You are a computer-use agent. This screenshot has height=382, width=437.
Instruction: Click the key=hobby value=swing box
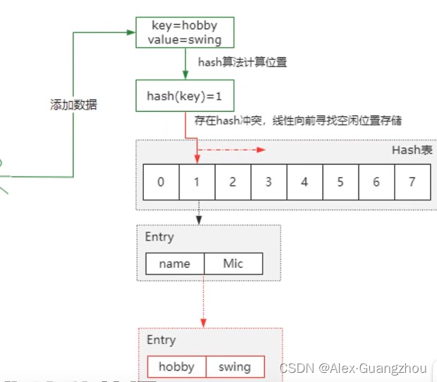point(185,32)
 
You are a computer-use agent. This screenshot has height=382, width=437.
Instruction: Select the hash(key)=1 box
point(185,96)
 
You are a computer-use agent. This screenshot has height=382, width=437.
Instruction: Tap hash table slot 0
point(161,182)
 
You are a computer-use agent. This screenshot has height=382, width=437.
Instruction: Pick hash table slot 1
point(197,182)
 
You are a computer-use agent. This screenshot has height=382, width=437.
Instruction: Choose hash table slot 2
point(233,182)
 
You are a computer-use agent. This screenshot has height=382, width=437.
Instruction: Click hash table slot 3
point(269,182)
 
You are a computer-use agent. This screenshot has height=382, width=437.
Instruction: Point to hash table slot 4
point(304,182)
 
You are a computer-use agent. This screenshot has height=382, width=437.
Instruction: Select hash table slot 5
point(340,182)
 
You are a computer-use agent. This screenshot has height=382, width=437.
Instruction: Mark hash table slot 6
point(376,182)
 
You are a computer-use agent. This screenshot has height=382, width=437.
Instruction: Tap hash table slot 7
point(412,182)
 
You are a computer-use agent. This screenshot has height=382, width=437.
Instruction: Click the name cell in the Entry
point(175,264)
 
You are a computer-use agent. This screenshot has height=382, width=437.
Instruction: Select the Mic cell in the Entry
point(233,264)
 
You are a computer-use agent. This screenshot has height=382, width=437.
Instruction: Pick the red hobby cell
point(177,367)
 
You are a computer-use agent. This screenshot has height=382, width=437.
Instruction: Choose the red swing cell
point(235,367)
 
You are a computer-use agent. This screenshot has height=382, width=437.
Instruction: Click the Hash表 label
point(412,150)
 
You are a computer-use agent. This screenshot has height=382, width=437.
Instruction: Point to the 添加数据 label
point(73,105)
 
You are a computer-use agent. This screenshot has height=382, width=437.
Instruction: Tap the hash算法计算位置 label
point(242,63)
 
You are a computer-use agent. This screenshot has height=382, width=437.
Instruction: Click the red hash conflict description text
point(299,121)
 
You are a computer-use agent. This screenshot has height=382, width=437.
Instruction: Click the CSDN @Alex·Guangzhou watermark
point(353,368)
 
